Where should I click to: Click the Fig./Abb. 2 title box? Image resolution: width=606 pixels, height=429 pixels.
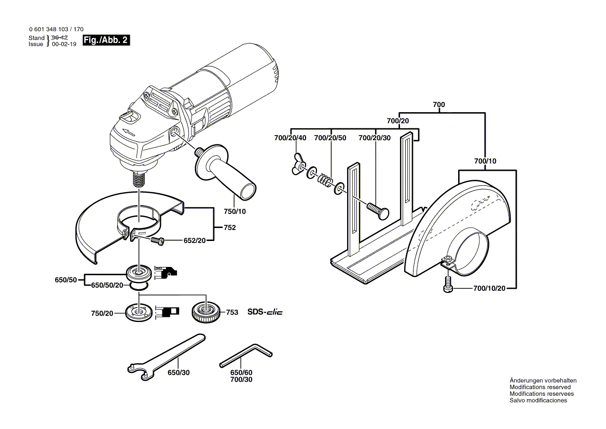[106, 41]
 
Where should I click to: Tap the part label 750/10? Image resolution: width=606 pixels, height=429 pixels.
[235, 212]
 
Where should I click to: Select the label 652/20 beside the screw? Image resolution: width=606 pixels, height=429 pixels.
[195, 240]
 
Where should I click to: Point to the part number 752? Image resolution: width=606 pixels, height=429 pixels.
[230, 227]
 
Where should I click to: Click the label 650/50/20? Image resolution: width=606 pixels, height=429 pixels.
[107, 285]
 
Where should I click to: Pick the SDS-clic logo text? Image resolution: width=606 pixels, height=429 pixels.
[265, 312]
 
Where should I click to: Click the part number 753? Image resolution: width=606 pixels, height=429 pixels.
[232, 312]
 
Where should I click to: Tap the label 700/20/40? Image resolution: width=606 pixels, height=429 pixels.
[290, 138]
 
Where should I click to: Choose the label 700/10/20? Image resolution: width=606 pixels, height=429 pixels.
[489, 288]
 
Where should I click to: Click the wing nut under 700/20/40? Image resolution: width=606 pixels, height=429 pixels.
[298, 165]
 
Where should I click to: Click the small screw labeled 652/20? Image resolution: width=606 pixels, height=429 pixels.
[157, 240]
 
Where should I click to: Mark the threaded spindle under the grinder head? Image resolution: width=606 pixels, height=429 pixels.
[138, 180]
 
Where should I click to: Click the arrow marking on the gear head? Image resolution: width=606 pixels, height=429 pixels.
[128, 132]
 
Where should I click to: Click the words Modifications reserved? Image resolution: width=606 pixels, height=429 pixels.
[540, 387]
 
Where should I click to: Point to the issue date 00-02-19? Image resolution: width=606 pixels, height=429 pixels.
[64, 45]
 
